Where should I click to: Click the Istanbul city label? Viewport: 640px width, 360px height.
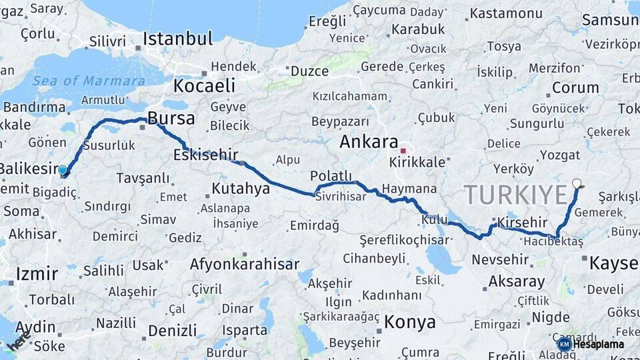tap(178, 38)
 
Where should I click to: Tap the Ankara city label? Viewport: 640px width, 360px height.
tap(369, 141)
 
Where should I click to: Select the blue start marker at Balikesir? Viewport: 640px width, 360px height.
tap(63, 171)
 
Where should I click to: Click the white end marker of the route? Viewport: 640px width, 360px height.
tap(577, 183)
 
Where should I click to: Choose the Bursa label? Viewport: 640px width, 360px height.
tap(171, 119)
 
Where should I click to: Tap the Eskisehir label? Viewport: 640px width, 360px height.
tap(201, 155)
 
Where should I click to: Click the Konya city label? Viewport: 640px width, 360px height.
tap(410, 323)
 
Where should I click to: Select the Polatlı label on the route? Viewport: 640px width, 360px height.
tap(331, 175)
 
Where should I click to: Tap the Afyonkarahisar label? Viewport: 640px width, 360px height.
tap(244, 264)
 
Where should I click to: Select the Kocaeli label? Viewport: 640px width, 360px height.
tap(204, 85)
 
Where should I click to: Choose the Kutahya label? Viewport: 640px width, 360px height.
tap(241, 189)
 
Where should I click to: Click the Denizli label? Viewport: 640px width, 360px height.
tap(172, 331)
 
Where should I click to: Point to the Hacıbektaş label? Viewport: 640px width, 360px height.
tap(553, 241)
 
